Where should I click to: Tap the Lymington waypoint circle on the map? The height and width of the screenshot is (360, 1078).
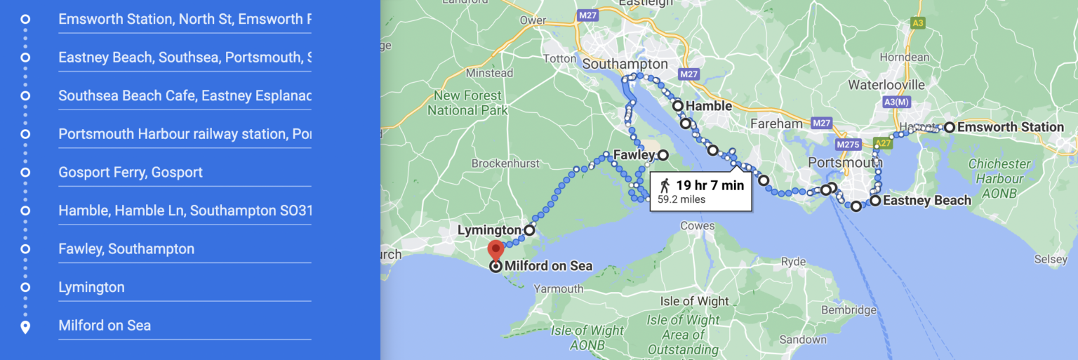pos(529,229)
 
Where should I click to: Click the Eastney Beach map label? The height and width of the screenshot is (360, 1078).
pos(927,201)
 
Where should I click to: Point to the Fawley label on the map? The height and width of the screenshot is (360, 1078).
pos(633,154)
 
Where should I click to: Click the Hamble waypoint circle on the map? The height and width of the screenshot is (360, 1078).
pos(678,106)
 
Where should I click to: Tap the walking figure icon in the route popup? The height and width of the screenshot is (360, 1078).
pos(665,185)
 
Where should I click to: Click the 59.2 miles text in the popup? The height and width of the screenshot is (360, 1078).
pos(681,199)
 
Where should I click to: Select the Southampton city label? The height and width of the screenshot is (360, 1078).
pos(625,64)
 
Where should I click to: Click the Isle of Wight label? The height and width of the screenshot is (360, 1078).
pos(695,301)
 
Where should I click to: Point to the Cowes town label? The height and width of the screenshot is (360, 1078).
pos(698,226)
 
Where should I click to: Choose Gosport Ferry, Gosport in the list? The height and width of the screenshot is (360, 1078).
pos(131,172)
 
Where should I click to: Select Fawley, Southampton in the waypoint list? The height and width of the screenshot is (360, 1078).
pos(126,248)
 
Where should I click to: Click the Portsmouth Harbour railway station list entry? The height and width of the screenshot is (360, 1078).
pos(185,133)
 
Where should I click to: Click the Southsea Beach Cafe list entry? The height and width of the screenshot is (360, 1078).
pos(185,95)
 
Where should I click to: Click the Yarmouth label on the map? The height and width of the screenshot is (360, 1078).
pos(559,288)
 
